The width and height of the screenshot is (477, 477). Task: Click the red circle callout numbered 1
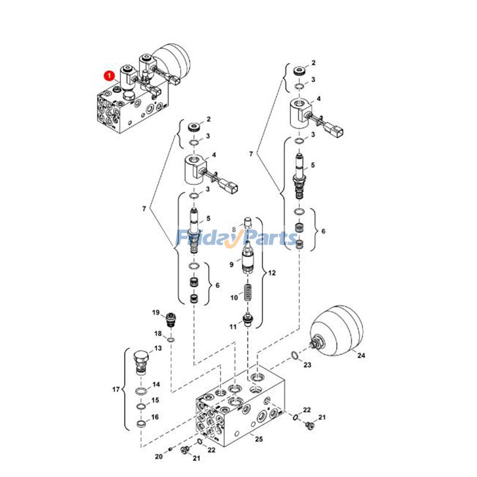pyautogui.click(x=109, y=76)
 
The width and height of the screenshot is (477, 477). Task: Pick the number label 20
pyautogui.click(x=157, y=457)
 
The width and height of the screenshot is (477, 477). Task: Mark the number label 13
pyautogui.click(x=158, y=348)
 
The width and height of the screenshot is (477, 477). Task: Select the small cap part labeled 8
pyautogui.click(x=248, y=230)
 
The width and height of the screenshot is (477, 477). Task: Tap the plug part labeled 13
pyautogui.click(x=141, y=361)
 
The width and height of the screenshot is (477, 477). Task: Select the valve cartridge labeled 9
pyautogui.click(x=247, y=260)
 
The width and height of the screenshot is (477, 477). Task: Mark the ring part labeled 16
pyautogui.click(x=140, y=424)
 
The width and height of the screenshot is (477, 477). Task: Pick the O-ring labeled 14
pyautogui.click(x=140, y=392)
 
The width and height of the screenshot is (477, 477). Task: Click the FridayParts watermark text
pyautogui.click(x=238, y=238)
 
